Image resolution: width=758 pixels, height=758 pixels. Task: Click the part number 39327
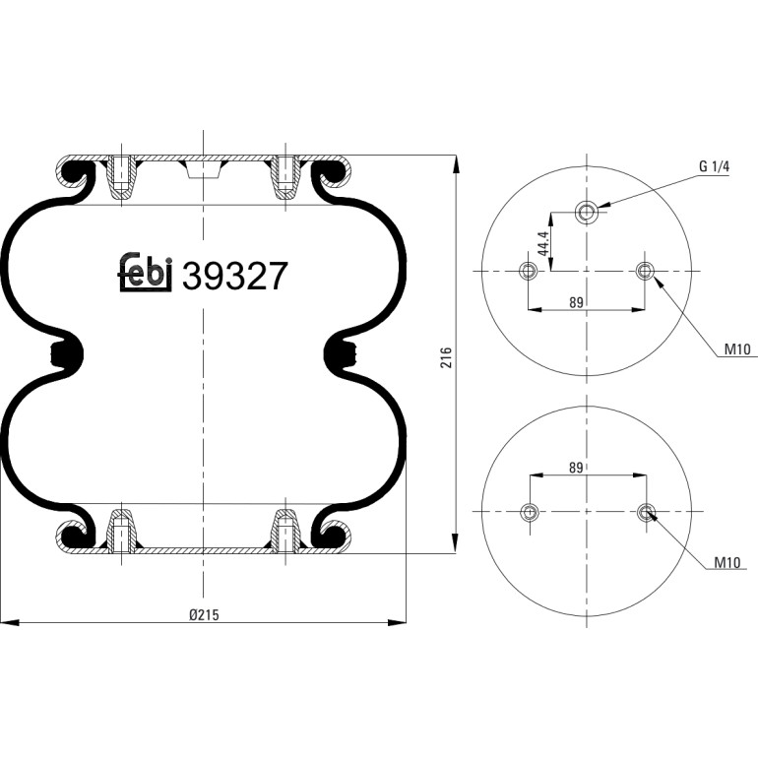tap(234, 276)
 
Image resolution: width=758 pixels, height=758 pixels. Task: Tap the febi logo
tap(145, 273)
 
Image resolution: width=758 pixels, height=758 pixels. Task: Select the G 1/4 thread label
tap(714, 166)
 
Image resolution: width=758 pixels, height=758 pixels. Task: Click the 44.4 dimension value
tap(543, 243)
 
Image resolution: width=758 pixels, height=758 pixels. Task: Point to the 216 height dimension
tap(446, 357)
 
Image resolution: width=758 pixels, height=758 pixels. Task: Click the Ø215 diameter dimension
tap(204, 614)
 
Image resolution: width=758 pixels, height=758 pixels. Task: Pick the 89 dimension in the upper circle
tap(576, 302)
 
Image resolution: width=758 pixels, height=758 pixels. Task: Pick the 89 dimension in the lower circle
tap(576, 468)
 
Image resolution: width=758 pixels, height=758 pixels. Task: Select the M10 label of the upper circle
tap(737, 349)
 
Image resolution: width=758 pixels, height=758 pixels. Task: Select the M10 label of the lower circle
tap(727, 562)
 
